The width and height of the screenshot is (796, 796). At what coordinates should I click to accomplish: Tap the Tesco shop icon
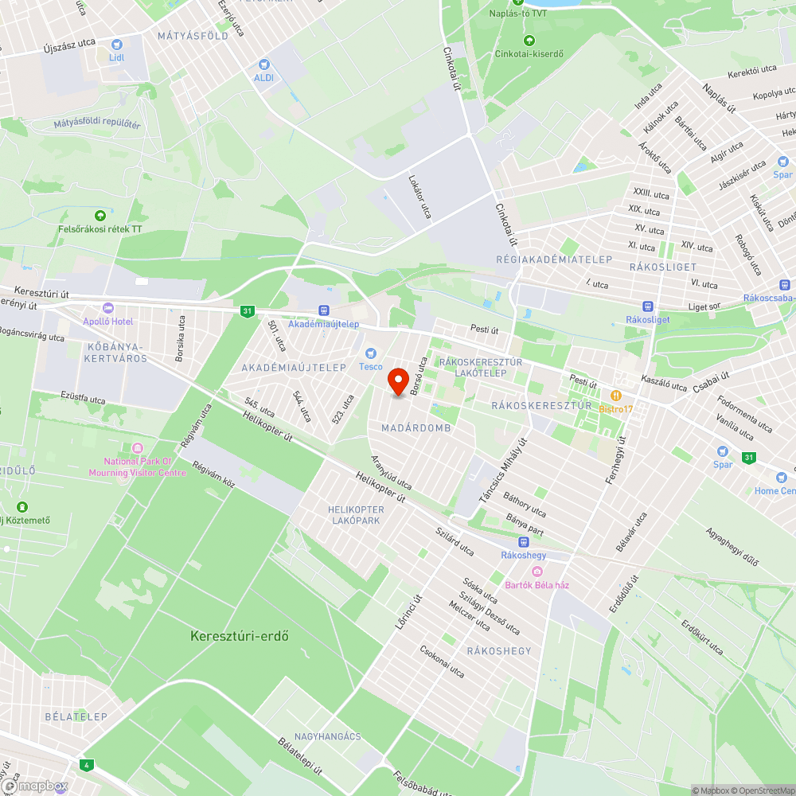pos(369,353)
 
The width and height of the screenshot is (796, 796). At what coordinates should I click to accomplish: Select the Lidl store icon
pos(117,45)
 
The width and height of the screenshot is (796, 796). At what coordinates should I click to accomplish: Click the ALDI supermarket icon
pos(263,64)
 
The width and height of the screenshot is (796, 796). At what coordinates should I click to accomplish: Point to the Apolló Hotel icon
pos(108,308)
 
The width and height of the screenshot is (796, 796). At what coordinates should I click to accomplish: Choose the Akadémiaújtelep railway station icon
pos(323,310)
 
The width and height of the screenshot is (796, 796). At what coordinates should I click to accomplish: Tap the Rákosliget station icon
pos(647,306)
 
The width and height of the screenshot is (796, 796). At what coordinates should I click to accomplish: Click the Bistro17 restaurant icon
pos(615,396)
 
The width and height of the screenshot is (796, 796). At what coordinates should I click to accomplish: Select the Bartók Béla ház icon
pos(537,572)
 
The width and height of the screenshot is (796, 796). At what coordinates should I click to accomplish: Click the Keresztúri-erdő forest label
pos(239,636)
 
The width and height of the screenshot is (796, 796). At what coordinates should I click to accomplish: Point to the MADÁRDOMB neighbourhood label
pos(416,428)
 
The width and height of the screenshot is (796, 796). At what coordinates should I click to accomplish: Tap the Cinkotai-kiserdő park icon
pos(529,41)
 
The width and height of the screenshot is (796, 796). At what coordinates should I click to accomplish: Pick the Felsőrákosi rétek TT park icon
pos(99,216)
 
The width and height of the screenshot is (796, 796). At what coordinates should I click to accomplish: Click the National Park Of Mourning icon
pos(137,448)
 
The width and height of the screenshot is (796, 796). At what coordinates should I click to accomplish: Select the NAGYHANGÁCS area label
pos(327,737)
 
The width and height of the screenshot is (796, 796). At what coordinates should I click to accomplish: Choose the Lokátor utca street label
pos(419,197)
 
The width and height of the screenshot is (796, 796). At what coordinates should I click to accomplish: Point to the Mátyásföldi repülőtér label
pos(97,124)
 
